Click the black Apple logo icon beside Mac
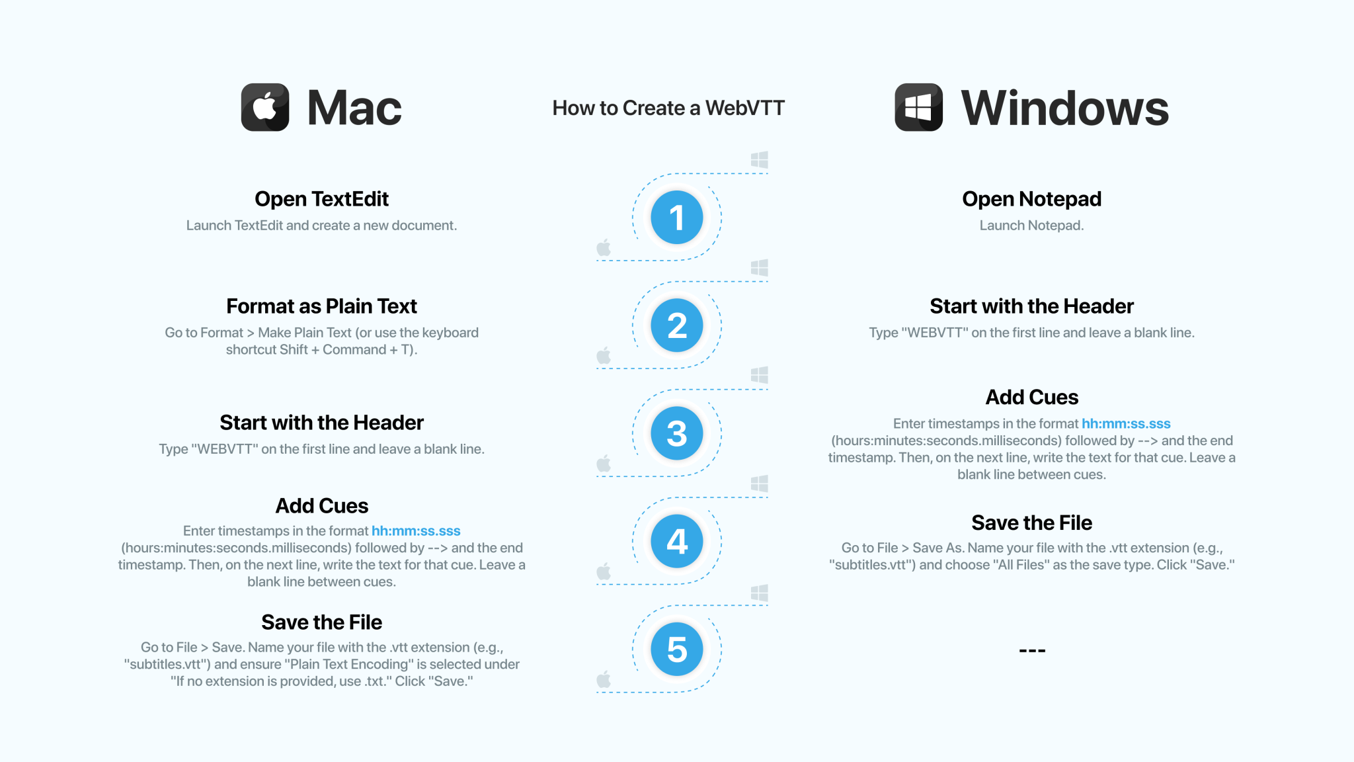[265, 107]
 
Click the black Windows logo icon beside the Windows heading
[918, 107]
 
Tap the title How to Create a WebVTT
[668, 108]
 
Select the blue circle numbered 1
[676, 218]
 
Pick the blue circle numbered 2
[676, 325]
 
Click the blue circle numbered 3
[676, 433]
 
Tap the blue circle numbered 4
[676, 541]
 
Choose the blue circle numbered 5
[676, 649]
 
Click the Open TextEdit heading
[321, 199]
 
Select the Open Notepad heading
[1031, 199]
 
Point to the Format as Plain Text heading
[321, 306]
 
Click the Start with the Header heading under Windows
[1031, 306]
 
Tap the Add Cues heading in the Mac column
[321, 506]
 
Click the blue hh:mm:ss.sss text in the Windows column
[1126, 423]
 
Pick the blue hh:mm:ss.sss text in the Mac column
[416, 530]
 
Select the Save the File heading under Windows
[1031, 523]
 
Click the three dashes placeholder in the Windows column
[1031, 650]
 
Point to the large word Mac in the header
[354, 108]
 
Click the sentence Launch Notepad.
[1031, 226]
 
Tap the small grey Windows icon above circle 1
[759, 159]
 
